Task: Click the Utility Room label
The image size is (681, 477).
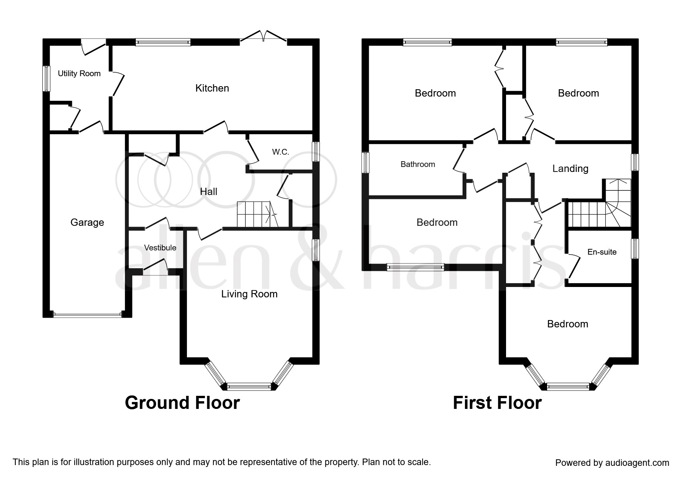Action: coord(79,73)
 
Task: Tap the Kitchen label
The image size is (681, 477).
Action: coord(212,88)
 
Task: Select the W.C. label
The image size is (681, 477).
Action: coord(280,152)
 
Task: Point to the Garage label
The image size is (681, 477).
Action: coord(87,222)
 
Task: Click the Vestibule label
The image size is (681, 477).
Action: coord(160,248)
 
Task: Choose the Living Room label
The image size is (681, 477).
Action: coord(249,294)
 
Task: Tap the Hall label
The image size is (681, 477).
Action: coord(208,192)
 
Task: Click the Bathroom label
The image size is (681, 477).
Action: coord(418,164)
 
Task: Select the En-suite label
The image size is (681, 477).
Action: coord(602,252)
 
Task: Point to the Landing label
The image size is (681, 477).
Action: coord(570,168)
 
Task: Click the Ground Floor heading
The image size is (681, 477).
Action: coord(182,403)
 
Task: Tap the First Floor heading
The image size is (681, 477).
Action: coord(497,403)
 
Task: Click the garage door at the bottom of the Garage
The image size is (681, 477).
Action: coord(87,315)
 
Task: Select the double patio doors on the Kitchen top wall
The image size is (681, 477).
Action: coord(264,37)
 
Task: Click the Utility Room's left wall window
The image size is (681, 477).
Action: coord(46,78)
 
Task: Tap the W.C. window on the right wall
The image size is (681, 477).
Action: coord(316,152)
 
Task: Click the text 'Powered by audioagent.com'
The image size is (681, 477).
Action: coord(612,463)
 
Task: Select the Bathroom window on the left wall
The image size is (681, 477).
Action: coord(366,162)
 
